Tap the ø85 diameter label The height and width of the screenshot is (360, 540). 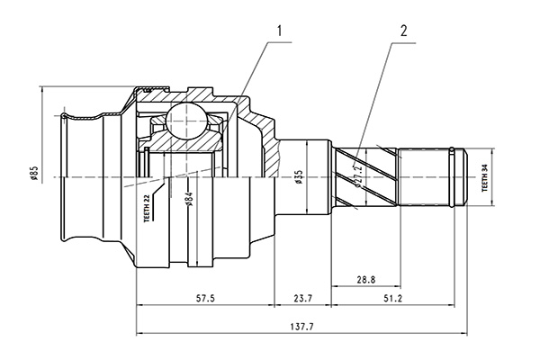[x=33, y=175]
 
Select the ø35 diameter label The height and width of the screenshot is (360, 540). [x=298, y=176]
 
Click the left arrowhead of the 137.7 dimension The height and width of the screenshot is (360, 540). [x=139, y=334]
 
